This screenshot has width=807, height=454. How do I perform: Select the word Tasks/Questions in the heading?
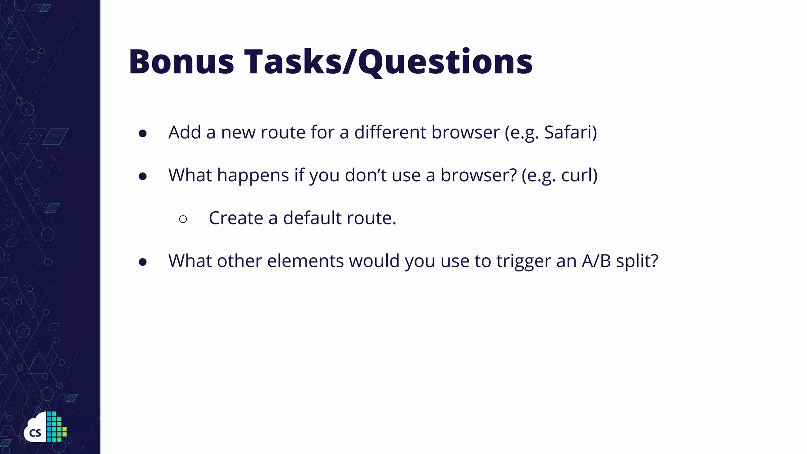[x=389, y=61]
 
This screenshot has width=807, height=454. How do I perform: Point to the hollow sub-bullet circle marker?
[x=183, y=219]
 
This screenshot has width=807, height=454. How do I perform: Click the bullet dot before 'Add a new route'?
[x=143, y=134]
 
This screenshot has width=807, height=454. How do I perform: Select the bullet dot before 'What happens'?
[x=143, y=177]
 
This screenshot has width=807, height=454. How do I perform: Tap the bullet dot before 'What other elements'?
[x=143, y=262]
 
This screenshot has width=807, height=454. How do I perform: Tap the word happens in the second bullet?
[x=253, y=176]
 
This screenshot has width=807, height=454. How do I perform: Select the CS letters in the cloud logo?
[x=35, y=433]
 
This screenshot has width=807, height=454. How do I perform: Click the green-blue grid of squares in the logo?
[x=56, y=427]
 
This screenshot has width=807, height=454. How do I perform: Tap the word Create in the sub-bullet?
[x=236, y=218]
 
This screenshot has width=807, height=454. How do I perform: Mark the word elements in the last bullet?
[x=305, y=261]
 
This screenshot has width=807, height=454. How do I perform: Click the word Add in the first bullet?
[x=185, y=132]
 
